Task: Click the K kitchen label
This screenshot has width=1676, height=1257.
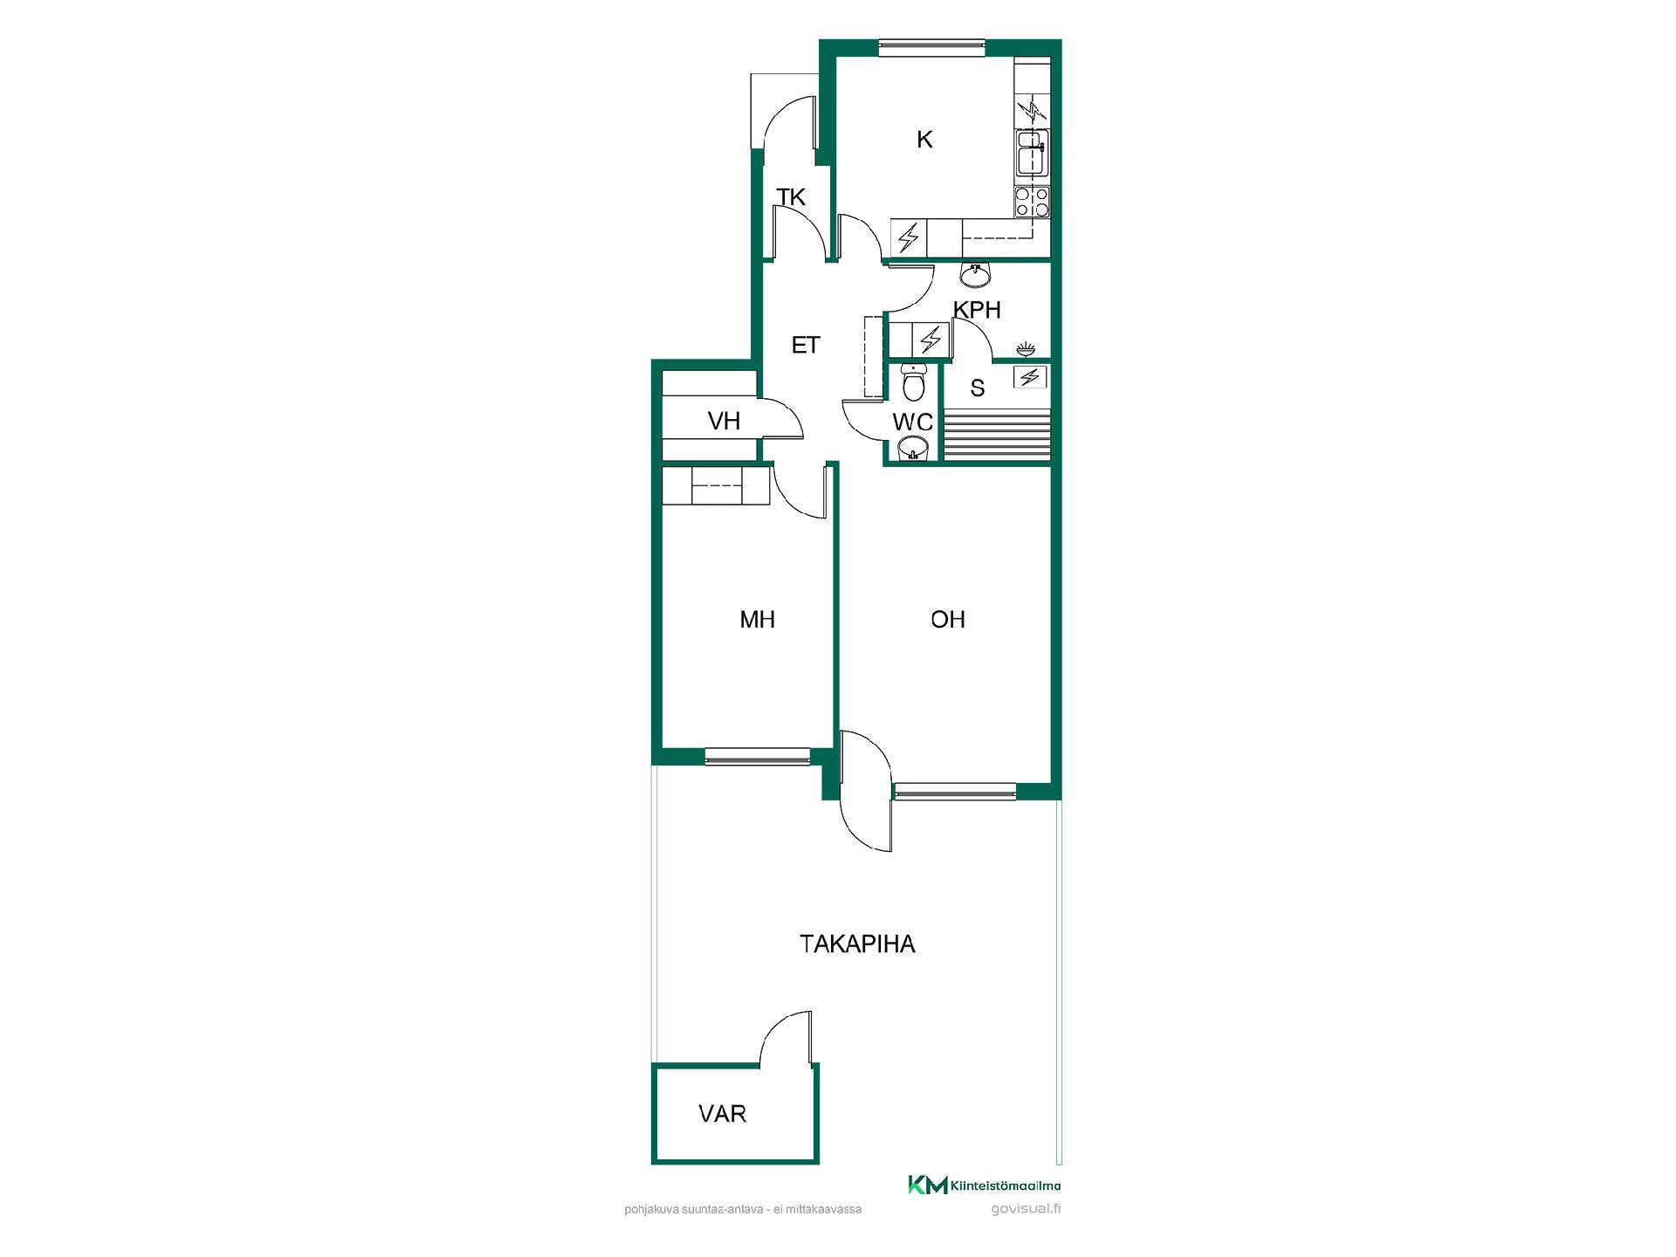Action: [924, 139]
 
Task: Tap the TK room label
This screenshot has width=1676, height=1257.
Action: [791, 197]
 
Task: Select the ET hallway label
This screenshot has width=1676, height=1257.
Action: [806, 345]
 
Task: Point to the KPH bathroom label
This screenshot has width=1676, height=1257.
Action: [977, 310]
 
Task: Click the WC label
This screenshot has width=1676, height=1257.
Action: [913, 422]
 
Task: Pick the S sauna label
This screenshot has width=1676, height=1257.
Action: [978, 388]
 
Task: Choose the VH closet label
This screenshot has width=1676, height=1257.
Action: [725, 422]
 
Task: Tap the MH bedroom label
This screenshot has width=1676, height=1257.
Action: [757, 620]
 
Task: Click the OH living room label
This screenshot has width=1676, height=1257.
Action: [948, 620]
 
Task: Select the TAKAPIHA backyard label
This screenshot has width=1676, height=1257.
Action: [857, 944]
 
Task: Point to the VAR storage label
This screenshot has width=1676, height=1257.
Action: [723, 1114]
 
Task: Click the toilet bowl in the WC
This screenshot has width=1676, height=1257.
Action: [913, 381]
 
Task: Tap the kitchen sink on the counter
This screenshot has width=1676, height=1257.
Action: [1033, 153]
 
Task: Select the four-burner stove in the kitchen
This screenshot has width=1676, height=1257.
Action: [1033, 203]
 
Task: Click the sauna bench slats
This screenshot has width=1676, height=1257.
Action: [998, 435]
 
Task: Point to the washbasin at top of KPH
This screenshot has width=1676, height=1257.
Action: [975, 275]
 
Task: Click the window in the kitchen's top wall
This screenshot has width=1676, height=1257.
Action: [932, 48]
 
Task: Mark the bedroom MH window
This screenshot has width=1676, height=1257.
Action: [758, 757]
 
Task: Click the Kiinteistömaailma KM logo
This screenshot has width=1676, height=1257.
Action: [985, 1185]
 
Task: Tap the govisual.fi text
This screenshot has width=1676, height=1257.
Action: [1026, 1210]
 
